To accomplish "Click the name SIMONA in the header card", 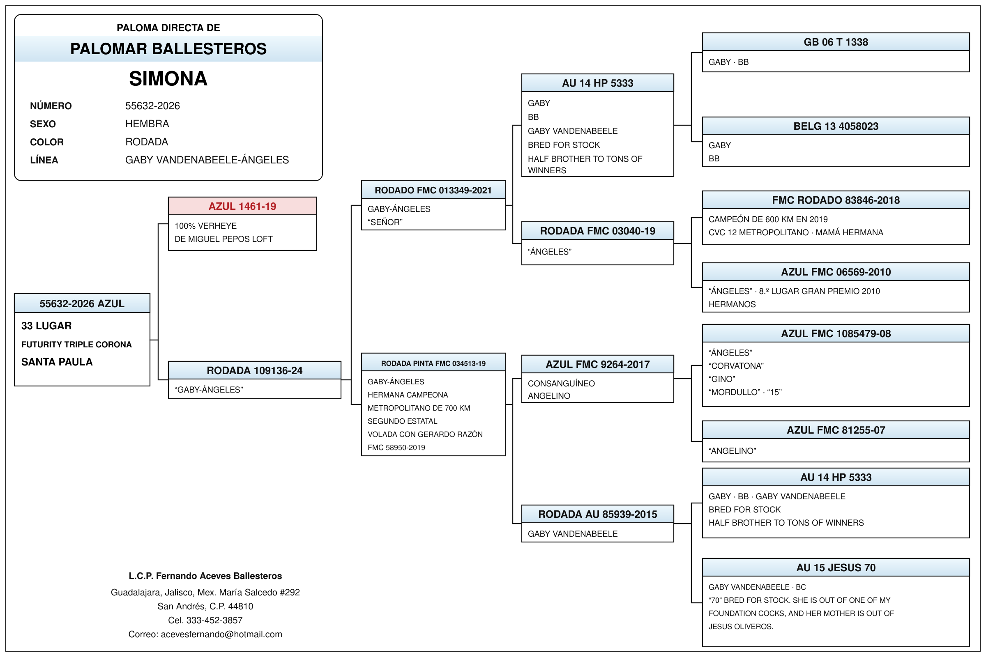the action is coord(168,79).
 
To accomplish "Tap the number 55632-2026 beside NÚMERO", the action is coord(152,106).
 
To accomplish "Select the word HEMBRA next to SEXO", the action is coord(147,124).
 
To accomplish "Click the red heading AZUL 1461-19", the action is coord(242,206).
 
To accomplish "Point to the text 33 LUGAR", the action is coord(46,326).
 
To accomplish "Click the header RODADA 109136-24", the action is coord(254,370).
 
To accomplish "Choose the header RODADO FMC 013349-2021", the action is coord(433,190).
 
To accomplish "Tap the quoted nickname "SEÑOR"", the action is coord(385,222).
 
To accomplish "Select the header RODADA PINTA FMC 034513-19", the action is coord(433,363).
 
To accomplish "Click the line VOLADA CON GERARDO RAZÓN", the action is coord(425,434).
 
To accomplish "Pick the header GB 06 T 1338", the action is coord(836,42).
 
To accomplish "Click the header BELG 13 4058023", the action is coord(836,126).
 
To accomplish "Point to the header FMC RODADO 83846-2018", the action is coord(836,200).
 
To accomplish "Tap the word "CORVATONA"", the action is coord(736,366).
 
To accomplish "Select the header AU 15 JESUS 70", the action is coord(836,567).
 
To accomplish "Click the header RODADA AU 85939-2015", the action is coord(597,514).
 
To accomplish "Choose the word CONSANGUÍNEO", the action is coord(561,384).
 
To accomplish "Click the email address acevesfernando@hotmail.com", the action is coord(221,634).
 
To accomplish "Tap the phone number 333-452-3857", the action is coord(214,620).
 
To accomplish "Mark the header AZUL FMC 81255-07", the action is coord(836,430).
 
